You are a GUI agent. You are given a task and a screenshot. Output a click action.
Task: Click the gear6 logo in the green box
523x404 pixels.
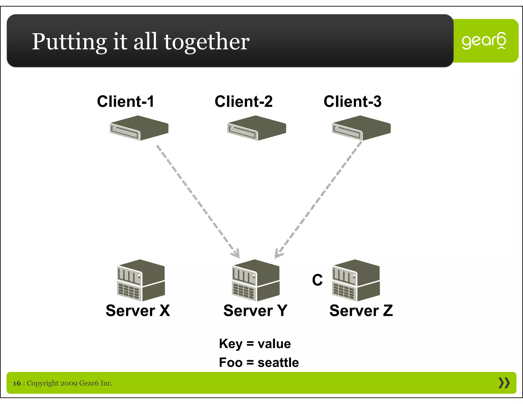(x=484, y=41)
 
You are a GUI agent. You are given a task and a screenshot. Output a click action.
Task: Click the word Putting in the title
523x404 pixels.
(x=69, y=42)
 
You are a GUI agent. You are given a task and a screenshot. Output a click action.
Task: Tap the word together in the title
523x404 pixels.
(x=207, y=42)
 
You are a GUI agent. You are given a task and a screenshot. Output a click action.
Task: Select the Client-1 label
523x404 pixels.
(x=126, y=101)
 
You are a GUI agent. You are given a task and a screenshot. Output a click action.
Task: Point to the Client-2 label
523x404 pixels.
(x=244, y=101)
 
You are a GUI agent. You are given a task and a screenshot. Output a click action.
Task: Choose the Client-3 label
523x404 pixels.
(x=352, y=101)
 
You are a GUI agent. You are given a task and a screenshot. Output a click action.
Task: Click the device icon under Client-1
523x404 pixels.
(x=139, y=128)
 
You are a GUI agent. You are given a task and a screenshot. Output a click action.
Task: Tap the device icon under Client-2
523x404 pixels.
(x=256, y=128)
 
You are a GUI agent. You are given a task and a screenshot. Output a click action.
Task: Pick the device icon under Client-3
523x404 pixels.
(x=361, y=128)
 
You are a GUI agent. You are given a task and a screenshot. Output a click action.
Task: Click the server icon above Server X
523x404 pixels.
(x=141, y=280)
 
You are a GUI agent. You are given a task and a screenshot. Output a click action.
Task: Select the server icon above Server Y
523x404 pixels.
(x=256, y=280)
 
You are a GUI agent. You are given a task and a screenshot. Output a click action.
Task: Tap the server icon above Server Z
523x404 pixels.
(x=356, y=280)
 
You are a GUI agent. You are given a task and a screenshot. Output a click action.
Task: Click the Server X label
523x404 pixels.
(x=138, y=311)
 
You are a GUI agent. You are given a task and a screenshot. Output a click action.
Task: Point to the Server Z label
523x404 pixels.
(x=361, y=311)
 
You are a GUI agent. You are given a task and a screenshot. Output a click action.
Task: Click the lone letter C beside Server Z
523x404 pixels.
(x=317, y=280)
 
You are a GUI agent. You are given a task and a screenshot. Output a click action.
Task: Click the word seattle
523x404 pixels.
(x=278, y=363)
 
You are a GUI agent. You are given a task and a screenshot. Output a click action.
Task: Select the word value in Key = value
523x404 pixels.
(x=274, y=344)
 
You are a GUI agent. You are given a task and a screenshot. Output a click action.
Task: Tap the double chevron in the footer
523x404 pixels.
(x=504, y=383)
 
